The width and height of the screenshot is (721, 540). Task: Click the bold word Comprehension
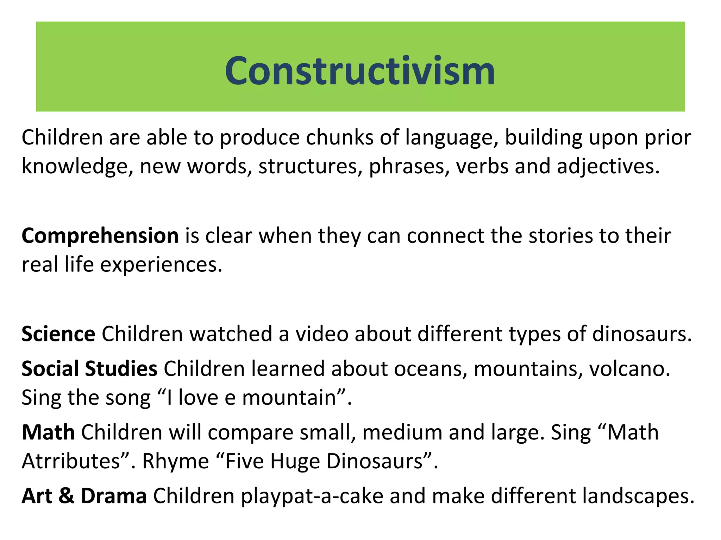point(100,236)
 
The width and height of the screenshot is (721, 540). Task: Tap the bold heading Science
point(58,334)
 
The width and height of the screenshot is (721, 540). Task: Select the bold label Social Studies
point(89,369)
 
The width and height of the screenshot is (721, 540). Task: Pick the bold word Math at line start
point(48,432)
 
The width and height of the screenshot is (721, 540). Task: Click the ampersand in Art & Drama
point(67,496)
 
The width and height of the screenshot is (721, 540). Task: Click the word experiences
point(161,265)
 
